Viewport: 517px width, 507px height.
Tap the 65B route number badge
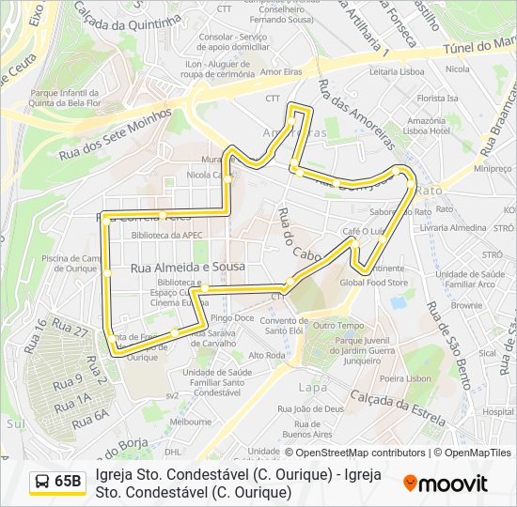click(x=67, y=482)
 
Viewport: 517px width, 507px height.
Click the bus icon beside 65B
click(x=42, y=482)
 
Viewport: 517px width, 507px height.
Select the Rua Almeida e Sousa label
click(x=187, y=268)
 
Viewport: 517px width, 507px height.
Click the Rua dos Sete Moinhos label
click(x=115, y=133)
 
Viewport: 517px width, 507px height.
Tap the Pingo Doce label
click(x=231, y=318)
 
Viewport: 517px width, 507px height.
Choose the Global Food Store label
click(x=373, y=282)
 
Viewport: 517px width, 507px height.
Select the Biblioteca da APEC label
click(x=167, y=236)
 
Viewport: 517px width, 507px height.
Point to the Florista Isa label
click(x=438, y=98)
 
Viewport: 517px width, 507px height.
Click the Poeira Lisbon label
click(x=406, y=378)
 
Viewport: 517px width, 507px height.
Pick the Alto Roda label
click(x=267, y=356)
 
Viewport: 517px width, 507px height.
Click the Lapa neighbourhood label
click(x=313, y=387)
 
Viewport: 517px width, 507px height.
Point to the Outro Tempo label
click(x=337, y=325)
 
